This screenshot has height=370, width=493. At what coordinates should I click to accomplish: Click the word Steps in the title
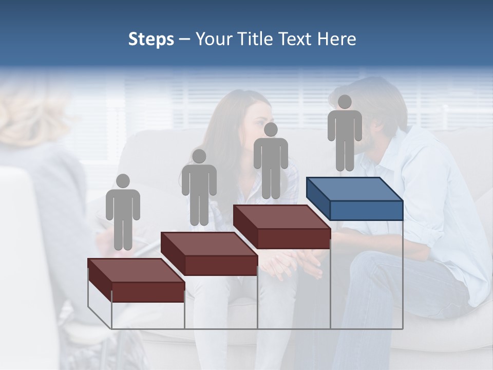click(151, 40)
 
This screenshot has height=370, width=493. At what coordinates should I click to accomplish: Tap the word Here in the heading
click(336, 40)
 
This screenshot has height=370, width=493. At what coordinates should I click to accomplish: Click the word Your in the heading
click(214, 40)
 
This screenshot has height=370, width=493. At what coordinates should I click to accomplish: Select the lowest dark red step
click(136, 280)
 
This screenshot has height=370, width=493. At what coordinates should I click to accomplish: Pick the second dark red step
click(208, 254)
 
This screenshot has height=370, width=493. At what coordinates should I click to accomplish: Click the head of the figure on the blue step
click(345, 102)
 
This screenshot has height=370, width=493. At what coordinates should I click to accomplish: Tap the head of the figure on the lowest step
click(123, 181)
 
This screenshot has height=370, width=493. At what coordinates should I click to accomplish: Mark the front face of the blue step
click(366, 210)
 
